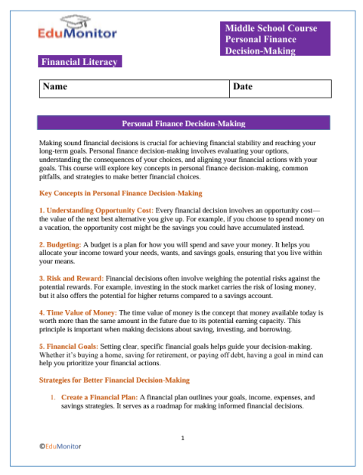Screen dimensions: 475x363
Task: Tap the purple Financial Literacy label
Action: click(79, 61)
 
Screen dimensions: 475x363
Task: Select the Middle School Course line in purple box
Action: click(271, 28)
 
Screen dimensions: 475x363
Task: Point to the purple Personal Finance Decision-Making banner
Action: click(183, 123)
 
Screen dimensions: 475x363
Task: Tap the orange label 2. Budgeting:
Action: click(83, 246)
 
